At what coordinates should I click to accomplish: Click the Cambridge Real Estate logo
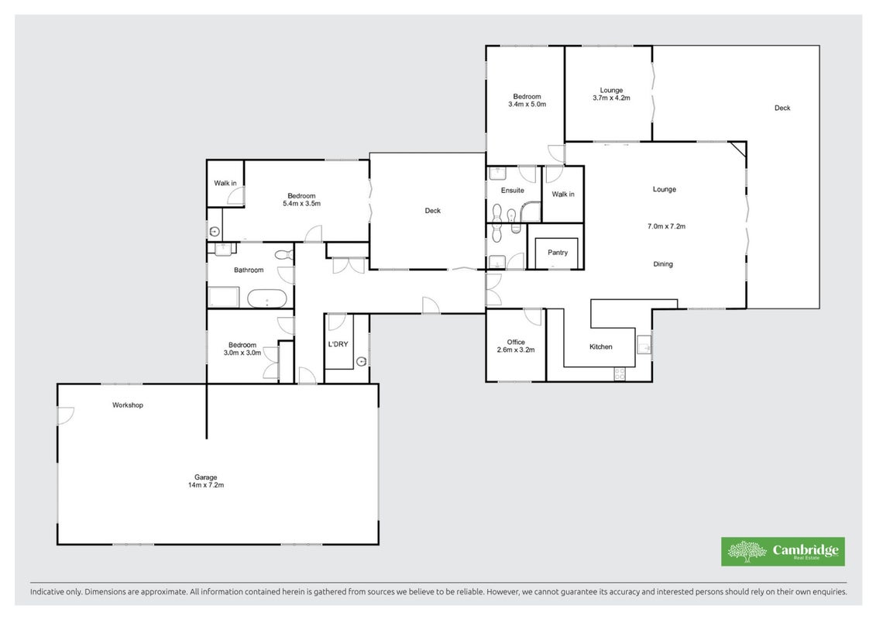click(x=783, y=552)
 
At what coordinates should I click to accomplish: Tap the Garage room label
click(x=205, y=477)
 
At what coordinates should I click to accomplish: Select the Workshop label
click(x=127, y=405)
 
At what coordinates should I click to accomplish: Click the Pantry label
click(x=558, y=253)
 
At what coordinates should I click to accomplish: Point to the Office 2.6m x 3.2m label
click(x=516, y=346)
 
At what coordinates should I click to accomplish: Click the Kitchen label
click(x=600, y=346)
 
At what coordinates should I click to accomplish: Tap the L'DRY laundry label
click(x=338, y=344)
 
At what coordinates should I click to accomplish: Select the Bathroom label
click(x=249, y=270)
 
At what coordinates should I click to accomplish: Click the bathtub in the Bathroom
click(x=267, y=299)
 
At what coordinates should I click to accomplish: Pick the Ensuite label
click(x=512, y=191)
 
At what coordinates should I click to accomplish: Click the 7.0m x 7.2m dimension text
click(x=667, y=226)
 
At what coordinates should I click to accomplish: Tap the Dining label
click(x=663, y=263)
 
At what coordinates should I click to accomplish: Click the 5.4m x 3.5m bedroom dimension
click(x=302, y=204)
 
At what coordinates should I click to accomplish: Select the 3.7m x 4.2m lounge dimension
click(x=611, y=98)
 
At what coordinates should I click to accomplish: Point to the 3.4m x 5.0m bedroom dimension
click(x=527, y=104)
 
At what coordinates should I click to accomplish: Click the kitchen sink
click(x=644, y=345)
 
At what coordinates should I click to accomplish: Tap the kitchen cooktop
click(x=620, y=374)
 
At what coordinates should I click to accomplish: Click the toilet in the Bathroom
click(x=284, y=256)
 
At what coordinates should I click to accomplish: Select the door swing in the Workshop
click(x=65, y=415)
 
